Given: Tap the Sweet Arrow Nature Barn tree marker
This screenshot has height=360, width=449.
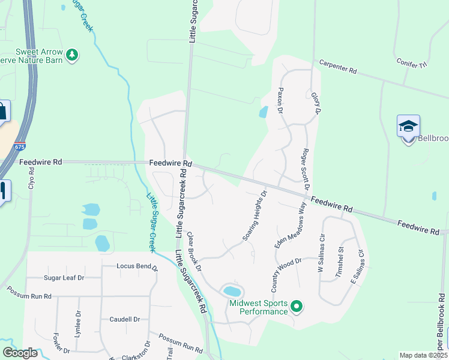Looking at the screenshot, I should [72, 55].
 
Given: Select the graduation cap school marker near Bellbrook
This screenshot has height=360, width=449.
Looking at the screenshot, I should [408, 127].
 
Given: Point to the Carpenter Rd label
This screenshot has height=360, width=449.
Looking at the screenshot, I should [338, 67].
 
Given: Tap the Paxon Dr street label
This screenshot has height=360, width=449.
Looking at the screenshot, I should [279, 100].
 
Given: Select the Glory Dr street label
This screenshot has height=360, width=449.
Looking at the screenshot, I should [316, 103].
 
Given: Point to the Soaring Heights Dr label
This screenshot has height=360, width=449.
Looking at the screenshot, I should [255, 217].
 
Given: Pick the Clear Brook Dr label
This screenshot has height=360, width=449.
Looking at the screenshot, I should [193, 251].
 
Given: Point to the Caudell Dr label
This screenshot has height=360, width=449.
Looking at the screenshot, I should [124, 319].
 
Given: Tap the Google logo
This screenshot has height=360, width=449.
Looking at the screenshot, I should [20, 353].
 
